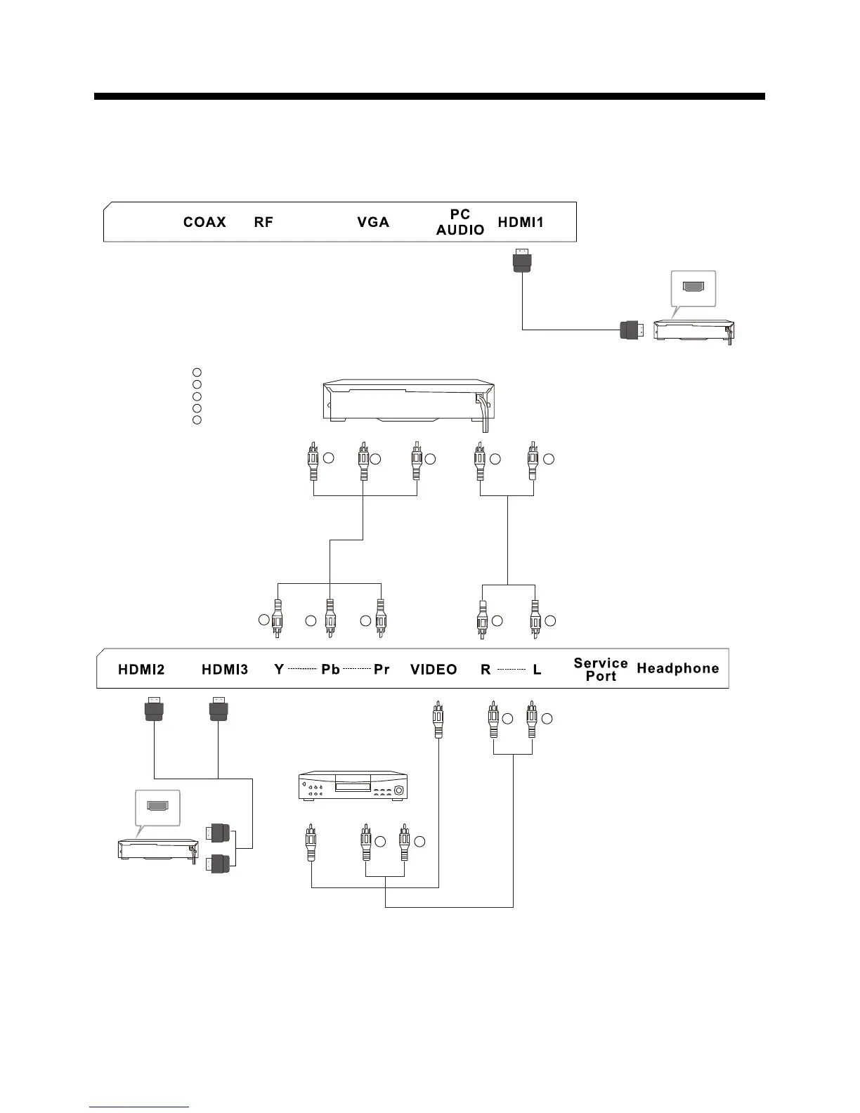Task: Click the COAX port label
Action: pyautogui.click(x=204, y=222)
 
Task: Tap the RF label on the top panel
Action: pyautogui.click(x=263, y=222)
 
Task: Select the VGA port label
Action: pyautogui.click(x=373, y=222)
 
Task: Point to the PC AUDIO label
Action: pyautogui.click(x=460, y=222)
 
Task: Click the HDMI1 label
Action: pyautogui.click(x=521, y=222)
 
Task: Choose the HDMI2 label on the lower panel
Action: pyautogui.click(x=141, y=670)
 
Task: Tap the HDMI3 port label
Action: pyautogui.click(x=225, y=670)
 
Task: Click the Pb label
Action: pyautogui.click(x=330, y=670)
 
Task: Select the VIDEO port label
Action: pyautogui.click(x=434, y=670)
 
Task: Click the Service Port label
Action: pyautogui.click(x=601, y=670)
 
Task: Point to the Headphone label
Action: pyautogui.click(x=677, y=668)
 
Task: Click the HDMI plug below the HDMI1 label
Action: pyautogui.click(x=521, y=261)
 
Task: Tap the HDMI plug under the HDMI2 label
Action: pyautogui.click(x=154, y=709)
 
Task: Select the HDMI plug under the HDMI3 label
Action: pyautogui.click(x=219, y=709)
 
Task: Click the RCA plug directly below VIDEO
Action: pyautogui.click(x=438, y=720)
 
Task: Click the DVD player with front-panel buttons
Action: pyautogui.click(x=353, y=786)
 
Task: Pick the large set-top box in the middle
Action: pyautogui.click(x=408, y=401)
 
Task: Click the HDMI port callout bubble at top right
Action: pyautogui.click(x=694, y=287)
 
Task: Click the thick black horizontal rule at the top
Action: pyautogui.click(x=429, y=96)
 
